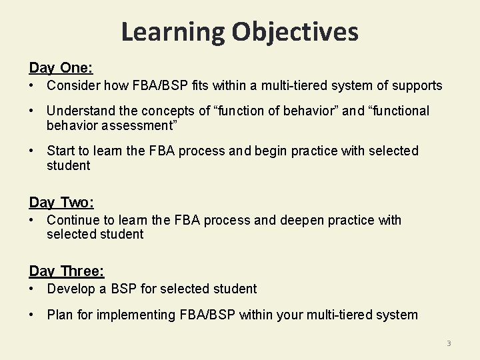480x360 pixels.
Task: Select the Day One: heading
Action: point(61,68)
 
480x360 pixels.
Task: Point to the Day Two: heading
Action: point(61,202)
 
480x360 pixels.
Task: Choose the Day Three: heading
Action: point(67,271)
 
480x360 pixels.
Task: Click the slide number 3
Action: point(449,343)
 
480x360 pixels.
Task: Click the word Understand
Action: point(79,111)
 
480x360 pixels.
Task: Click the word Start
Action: point(61,151)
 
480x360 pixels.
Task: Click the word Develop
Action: point(71,289)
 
